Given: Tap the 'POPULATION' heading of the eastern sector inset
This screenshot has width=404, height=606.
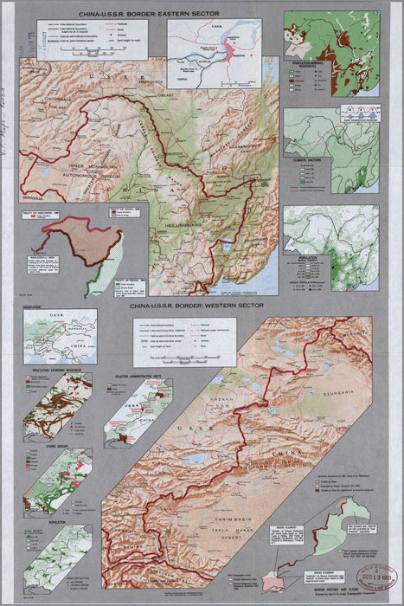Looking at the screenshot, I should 307,257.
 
